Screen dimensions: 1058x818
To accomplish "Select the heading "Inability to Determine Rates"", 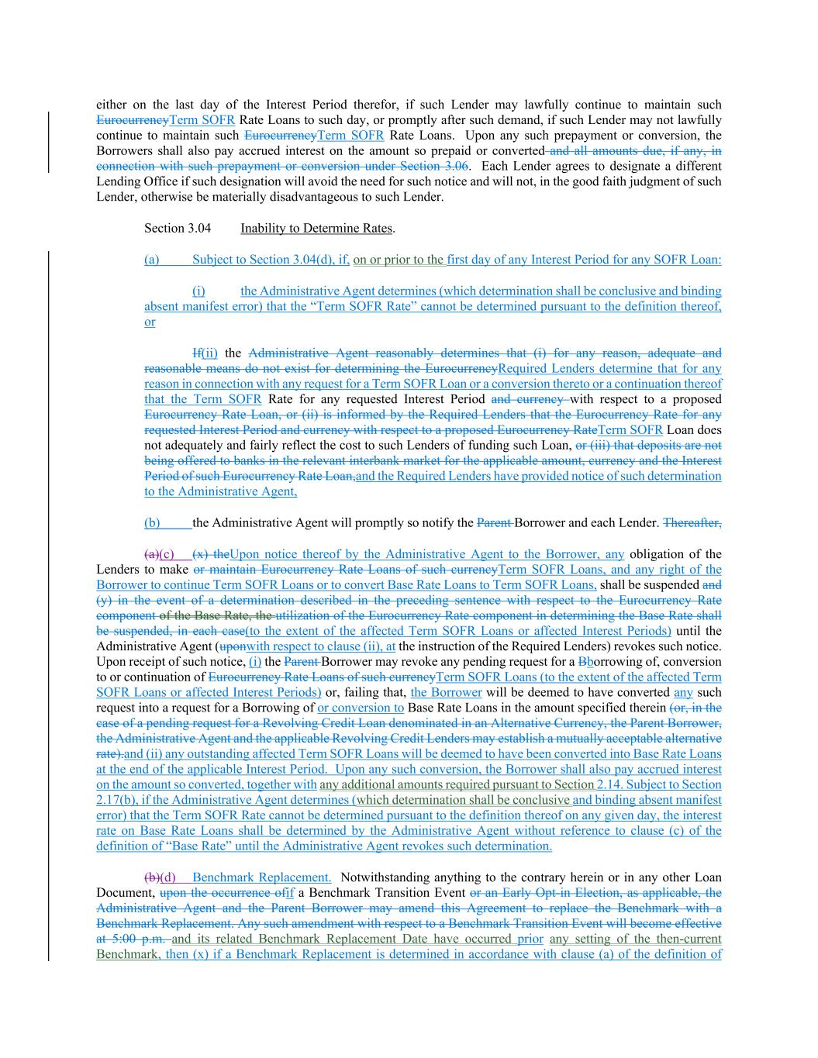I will pos(316,229).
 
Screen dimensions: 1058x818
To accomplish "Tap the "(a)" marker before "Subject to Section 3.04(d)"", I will pos(151,260).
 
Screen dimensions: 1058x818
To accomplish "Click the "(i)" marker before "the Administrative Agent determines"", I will pos(198,291).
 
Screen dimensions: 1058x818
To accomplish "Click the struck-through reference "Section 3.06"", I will pos(434,167).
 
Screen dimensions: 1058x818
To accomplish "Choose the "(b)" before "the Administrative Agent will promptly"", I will pos(152,523).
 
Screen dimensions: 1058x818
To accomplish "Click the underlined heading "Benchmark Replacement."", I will pos(261,877).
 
